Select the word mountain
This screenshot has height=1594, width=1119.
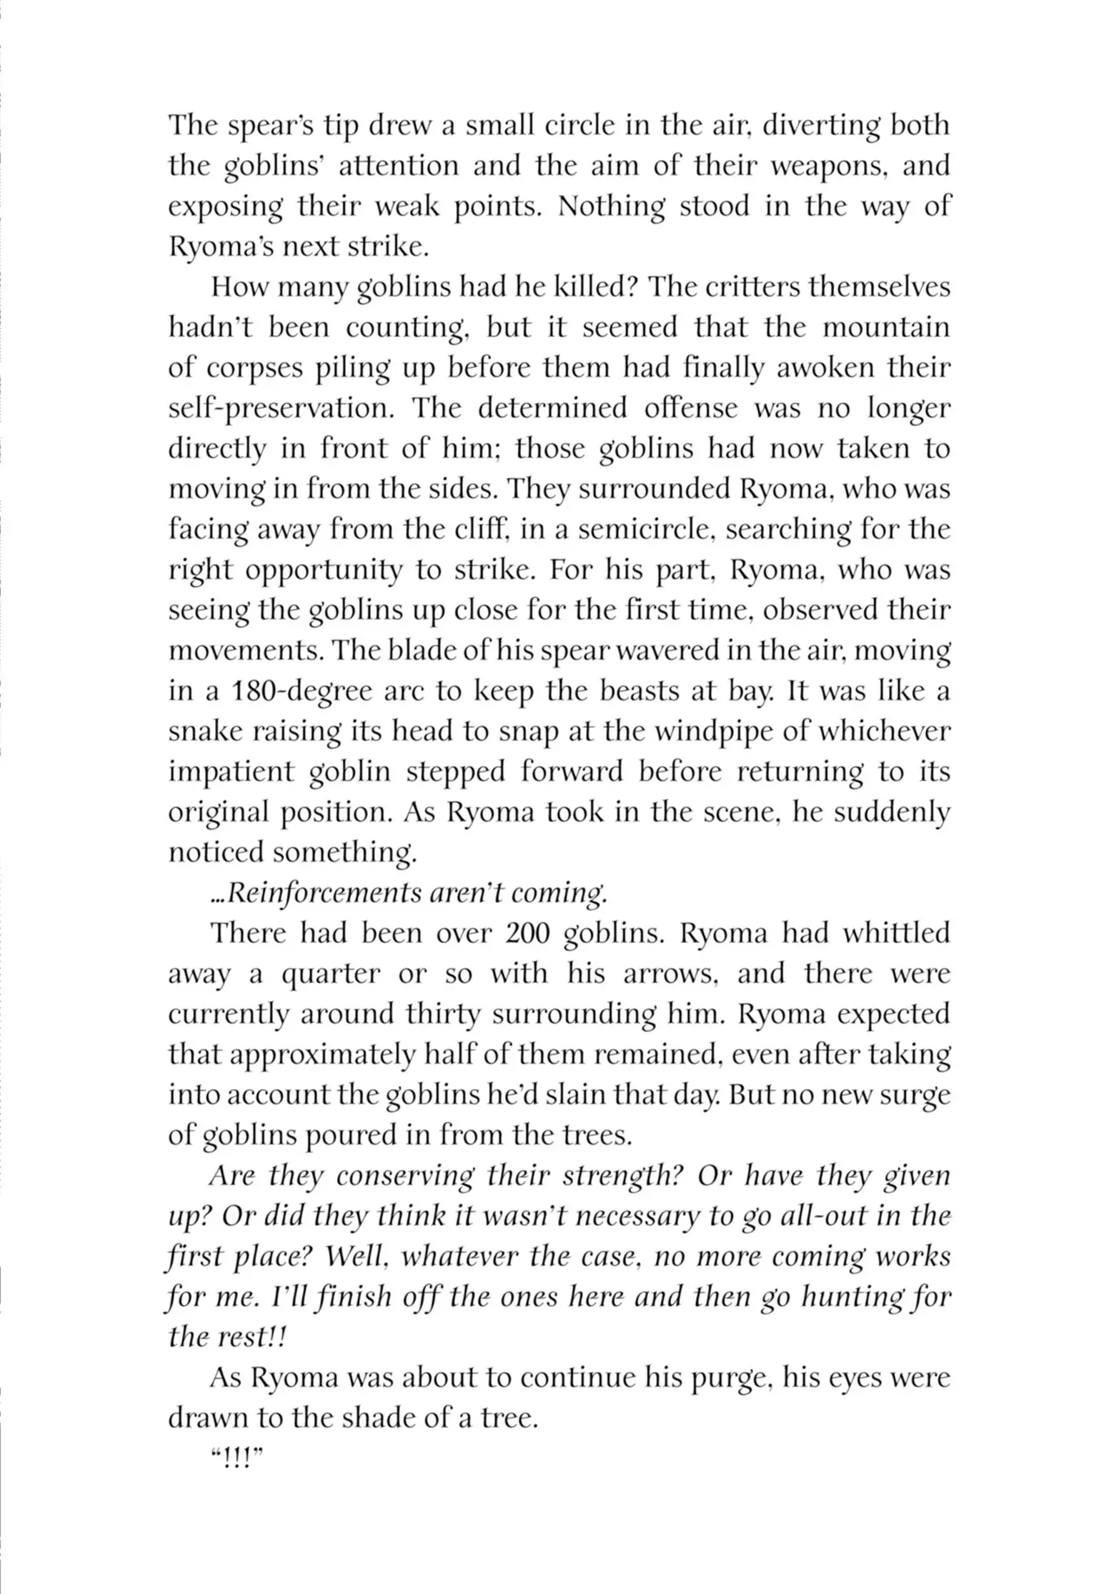886,328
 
